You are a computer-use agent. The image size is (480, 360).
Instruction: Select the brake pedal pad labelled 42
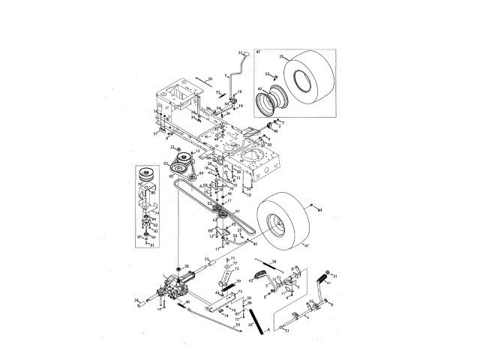point(259,272)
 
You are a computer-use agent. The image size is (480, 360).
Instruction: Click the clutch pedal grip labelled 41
point(327,274)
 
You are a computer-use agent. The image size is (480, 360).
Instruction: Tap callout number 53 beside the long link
point(237,325)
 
